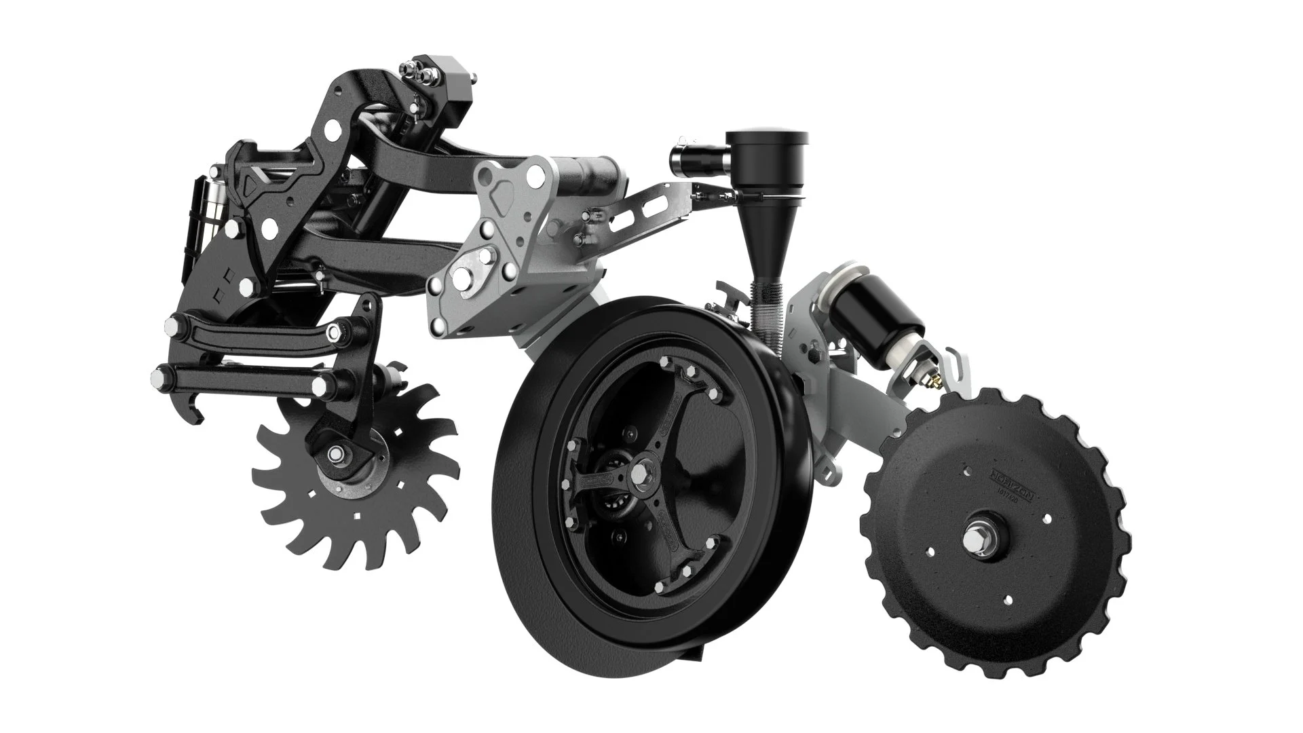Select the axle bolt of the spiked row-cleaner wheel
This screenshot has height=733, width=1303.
point(335,453)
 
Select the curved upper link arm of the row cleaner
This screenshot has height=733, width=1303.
point(251,332)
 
